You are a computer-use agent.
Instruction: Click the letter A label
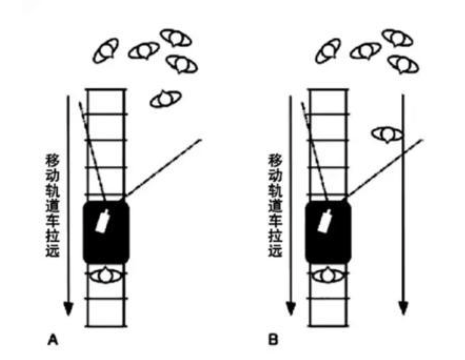(x=53, y=340)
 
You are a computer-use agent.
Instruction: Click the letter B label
(x=273, y=340)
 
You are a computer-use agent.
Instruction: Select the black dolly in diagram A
(x=106, y=232)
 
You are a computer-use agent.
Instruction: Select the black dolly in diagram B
(x=328, y=232)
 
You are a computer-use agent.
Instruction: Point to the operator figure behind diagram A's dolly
(x=106, y=276)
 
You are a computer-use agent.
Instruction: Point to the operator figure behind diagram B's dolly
(x=328, y=276)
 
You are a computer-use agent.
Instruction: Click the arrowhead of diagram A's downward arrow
(x=69, y=309)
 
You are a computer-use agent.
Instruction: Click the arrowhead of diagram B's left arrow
(x=291, y=309)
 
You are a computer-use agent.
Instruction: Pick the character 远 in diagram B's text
(x=275, y=250)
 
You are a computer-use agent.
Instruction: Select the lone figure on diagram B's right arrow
(x=387, y=134)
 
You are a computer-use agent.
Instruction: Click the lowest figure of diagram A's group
(x=166, y=99)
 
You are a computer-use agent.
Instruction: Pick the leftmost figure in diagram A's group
(x=106, y=51)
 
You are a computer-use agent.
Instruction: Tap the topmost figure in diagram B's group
(x=397, y=38)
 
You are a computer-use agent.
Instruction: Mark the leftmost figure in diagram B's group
(x=328, y=51)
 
